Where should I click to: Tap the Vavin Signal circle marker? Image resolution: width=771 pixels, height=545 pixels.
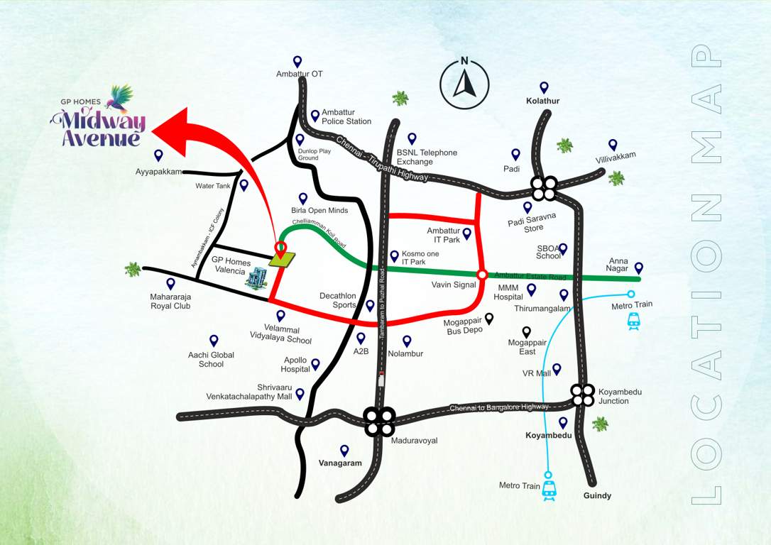click(x=482, y=275)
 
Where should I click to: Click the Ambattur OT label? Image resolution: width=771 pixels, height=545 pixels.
click(x=300, y=74)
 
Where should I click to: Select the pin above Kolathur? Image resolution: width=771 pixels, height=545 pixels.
click(x=544, y=87)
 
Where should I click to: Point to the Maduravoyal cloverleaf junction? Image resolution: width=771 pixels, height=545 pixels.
click(x=379, y=421)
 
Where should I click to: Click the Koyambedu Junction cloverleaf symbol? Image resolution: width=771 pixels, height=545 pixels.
click(x=583, y=395)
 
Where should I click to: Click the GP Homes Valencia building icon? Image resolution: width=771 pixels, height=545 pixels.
click(x=257, y=278)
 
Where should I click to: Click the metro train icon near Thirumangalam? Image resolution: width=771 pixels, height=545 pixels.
click(x=633, y=322)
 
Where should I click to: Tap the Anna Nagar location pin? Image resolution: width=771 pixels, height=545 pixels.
click(x=638, y=268)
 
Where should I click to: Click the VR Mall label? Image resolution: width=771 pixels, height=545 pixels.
click(x=537, y=373)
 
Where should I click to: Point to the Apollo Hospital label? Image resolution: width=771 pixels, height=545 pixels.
click(x=295, y=365)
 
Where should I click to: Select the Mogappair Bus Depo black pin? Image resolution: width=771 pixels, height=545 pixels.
click(x=489, y=319)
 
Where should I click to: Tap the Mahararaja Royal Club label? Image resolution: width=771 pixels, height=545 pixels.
click(x=170, y=301)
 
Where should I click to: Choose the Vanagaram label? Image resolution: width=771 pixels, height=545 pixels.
click(x=340, y=463)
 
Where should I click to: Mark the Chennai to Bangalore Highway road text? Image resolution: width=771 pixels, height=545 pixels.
click(x=499, y=407)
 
